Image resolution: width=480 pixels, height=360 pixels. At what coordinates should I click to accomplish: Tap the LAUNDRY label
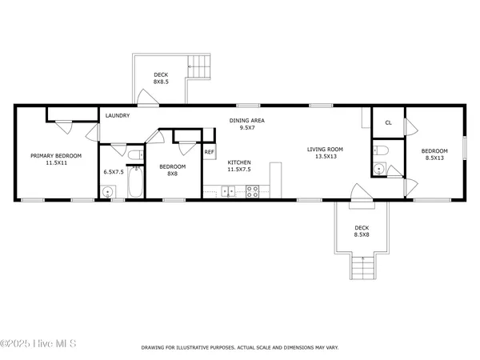pos(118,116)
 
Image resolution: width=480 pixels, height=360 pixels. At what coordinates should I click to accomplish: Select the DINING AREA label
pos(247,121)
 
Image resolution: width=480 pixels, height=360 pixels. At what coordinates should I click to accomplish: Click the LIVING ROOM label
pos(326,149)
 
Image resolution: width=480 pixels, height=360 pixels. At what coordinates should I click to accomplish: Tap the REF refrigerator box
pos(209,151)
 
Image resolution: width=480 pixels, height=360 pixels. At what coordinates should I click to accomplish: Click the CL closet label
pos(388,122)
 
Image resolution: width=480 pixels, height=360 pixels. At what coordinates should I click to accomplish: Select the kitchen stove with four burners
pos(253,191)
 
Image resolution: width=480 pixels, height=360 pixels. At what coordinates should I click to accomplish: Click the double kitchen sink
pos(228,191)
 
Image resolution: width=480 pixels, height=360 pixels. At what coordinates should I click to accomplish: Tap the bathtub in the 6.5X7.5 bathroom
pos(135,183)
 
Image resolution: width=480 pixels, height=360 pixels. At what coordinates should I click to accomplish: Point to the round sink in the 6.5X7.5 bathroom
pos(107,190)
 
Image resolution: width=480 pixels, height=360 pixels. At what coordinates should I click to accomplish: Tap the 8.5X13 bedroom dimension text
pos(434,158)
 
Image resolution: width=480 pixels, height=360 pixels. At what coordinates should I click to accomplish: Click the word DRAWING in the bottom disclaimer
pos(156,348)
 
